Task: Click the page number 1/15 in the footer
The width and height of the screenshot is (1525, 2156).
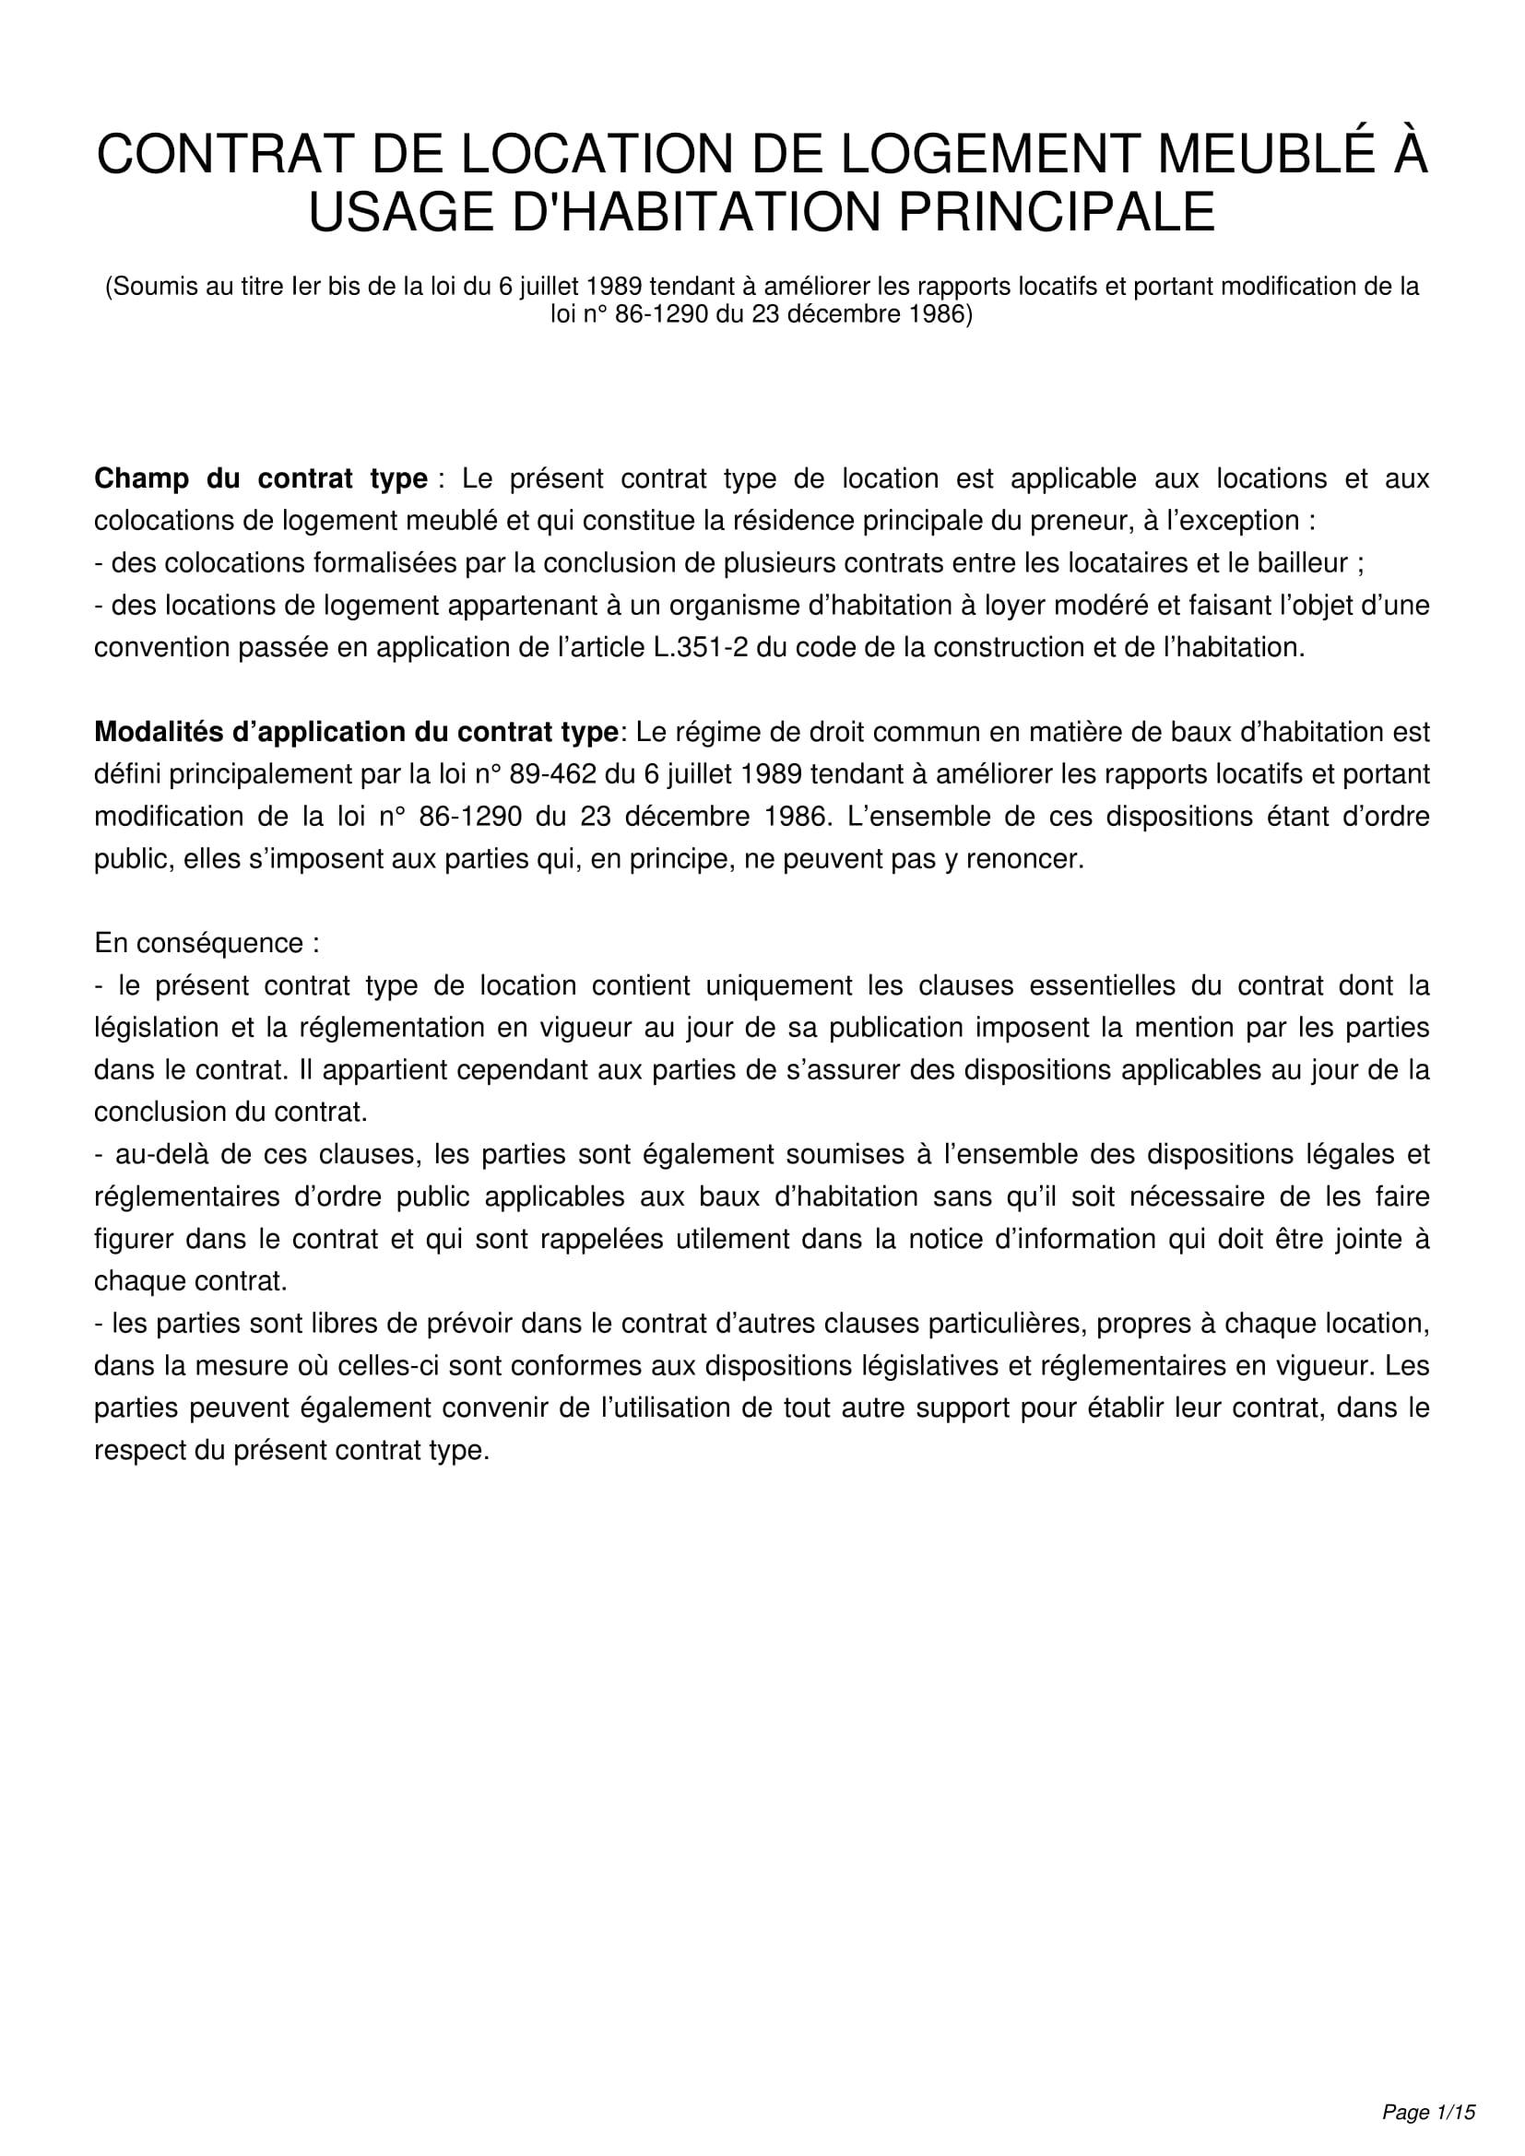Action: pos(1456,2113)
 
